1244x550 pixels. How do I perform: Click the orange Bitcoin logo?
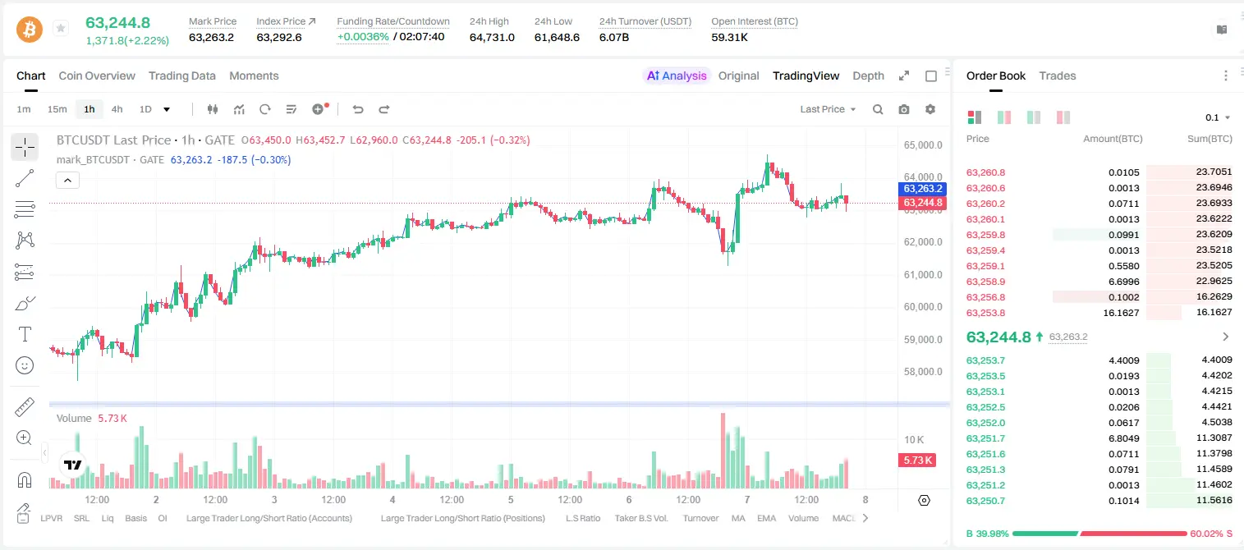tap(30, 30)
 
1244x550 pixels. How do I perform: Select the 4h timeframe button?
tap(117, 109)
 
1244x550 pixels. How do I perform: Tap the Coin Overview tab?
tap(97, 76)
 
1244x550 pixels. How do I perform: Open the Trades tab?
tap(1058, 76)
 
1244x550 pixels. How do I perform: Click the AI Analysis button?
tap(677, 76)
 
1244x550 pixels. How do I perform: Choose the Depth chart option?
tap(868, 76)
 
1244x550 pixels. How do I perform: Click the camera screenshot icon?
tap(904, 109)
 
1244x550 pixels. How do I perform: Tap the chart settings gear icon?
tap(930, 109)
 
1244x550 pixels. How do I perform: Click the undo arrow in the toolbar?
tap(358, 109)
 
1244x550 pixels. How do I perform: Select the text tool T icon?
tap(25, 334)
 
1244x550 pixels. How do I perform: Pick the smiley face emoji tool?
tap(25, 365)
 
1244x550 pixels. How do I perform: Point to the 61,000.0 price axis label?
tap(923, 275)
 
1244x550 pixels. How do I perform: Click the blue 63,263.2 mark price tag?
tap(922, 189)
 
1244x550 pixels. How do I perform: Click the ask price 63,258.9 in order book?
tap(986, 282)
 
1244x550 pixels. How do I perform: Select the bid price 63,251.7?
tap(986, 438)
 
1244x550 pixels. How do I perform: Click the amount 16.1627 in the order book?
tap(1121, 313)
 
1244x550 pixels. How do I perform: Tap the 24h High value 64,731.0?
tap(492, 37)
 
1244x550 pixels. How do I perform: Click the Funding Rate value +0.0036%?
tap(363, 37)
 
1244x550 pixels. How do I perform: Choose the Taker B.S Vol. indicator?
tap(640, 518)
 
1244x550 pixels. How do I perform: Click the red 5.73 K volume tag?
tap(917, 460)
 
